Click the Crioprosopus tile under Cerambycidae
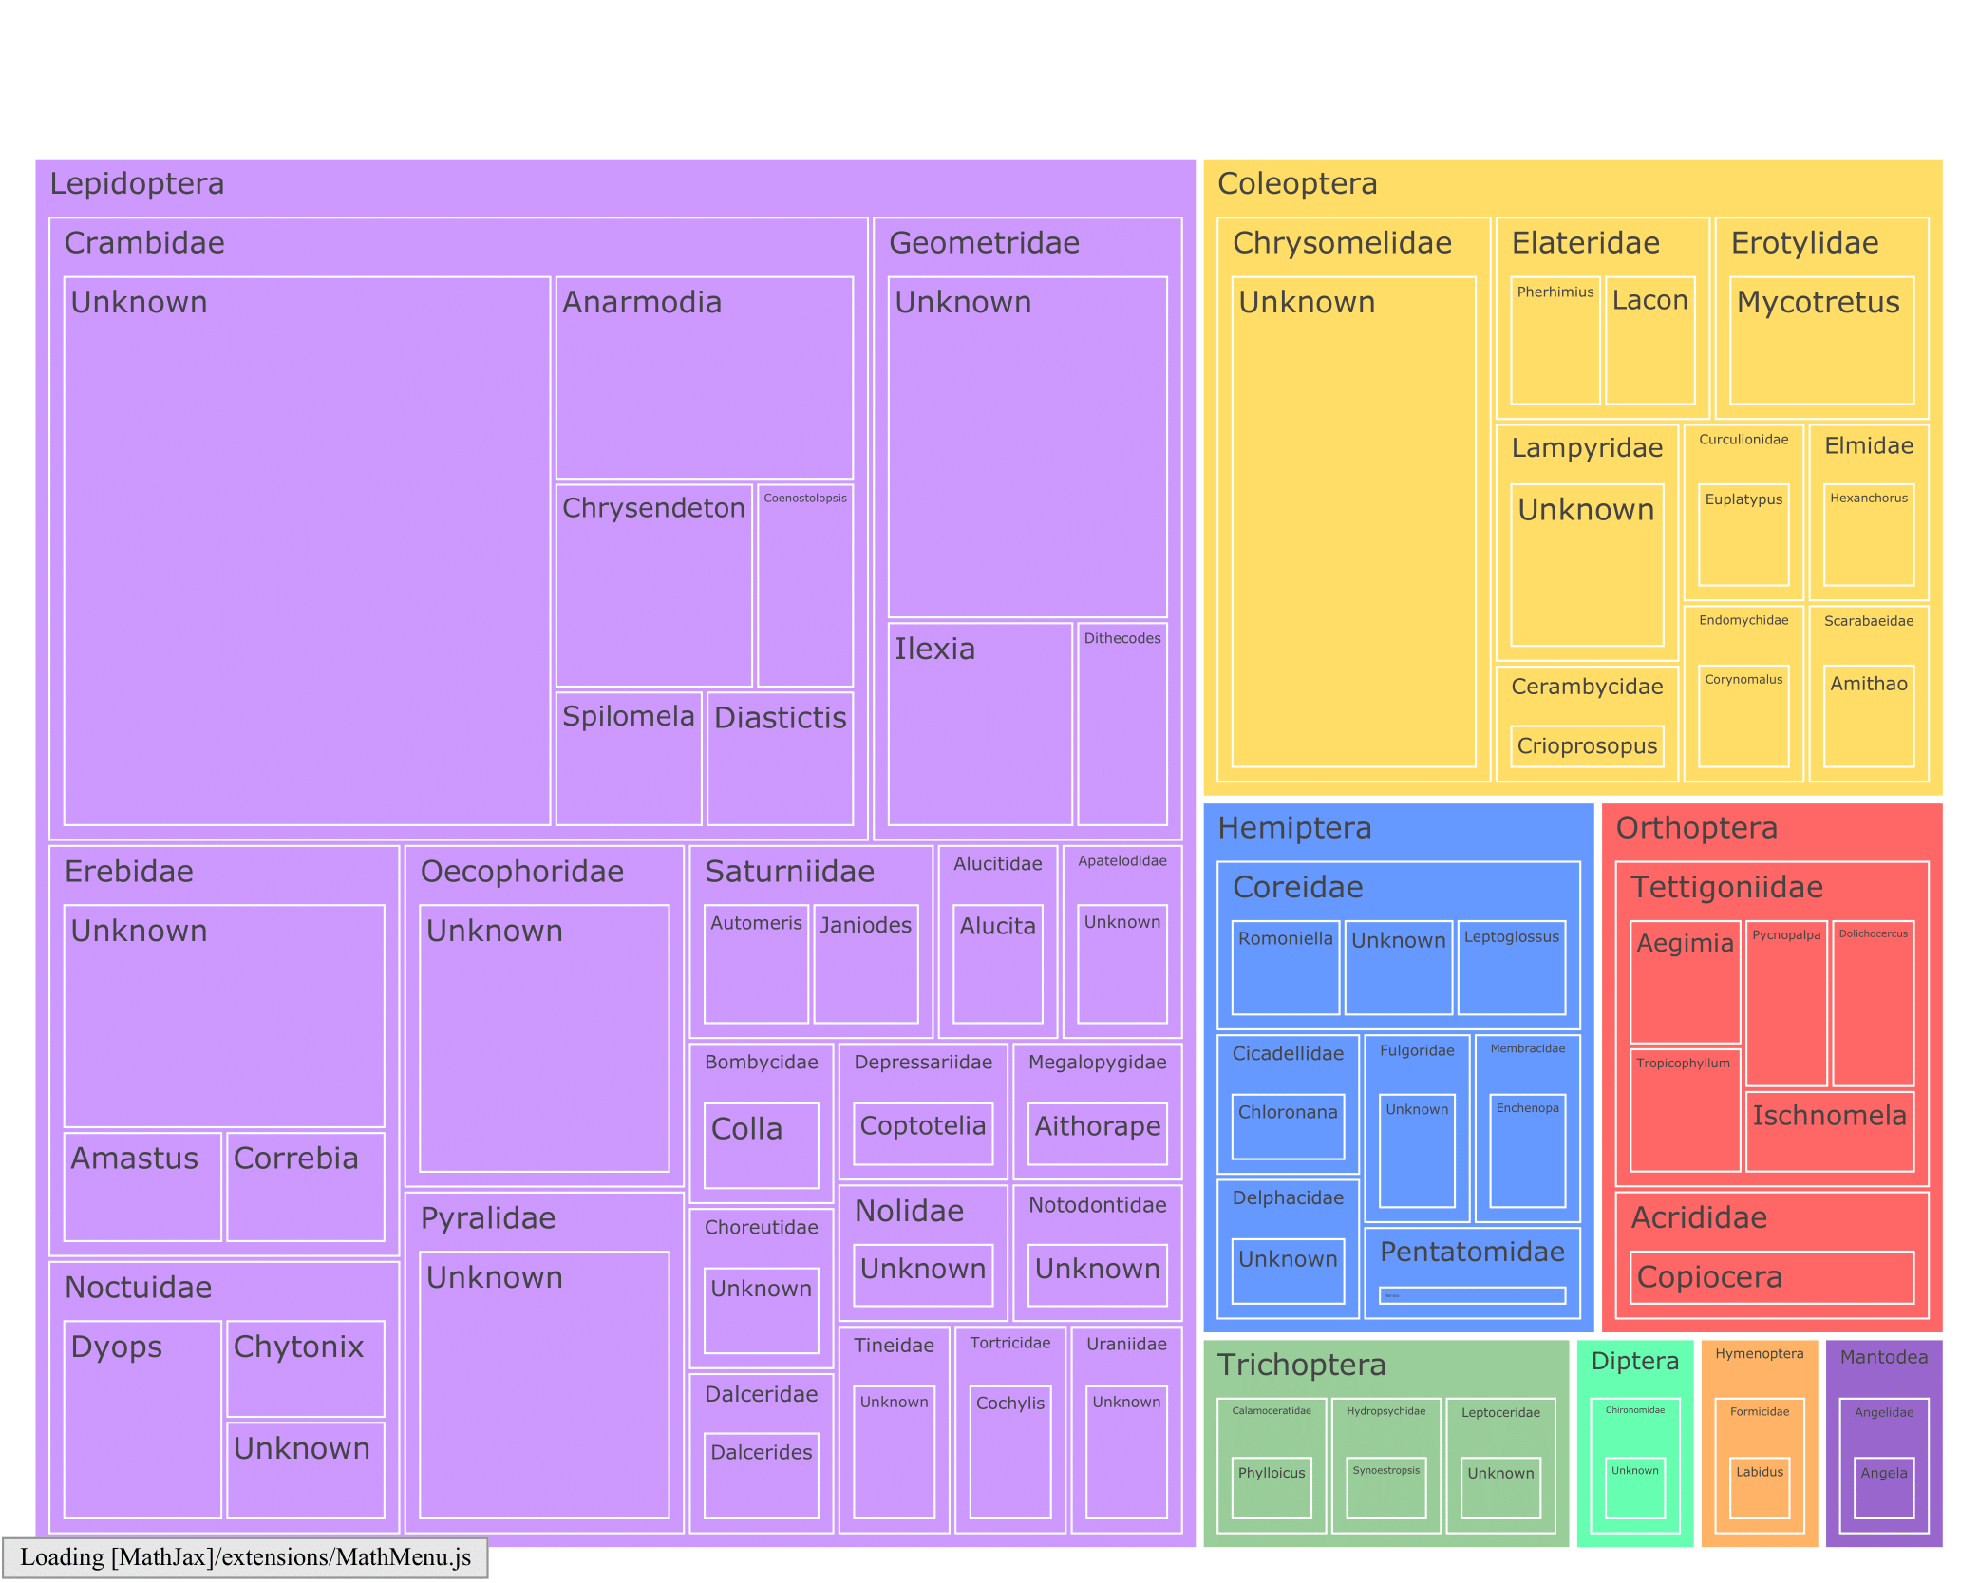(1586, 746)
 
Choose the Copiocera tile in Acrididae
(1771, 1277)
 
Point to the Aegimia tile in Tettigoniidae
(1685, 982)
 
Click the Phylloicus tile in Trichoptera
(1271, 1487)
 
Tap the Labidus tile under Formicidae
(1759, 1487)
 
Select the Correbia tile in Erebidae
(305, 1186)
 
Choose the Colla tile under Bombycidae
(761, 1144)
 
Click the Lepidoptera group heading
(137, 183)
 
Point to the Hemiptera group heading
(1293, 828)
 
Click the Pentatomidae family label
(1471, 1252)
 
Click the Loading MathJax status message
(245, 1557)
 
